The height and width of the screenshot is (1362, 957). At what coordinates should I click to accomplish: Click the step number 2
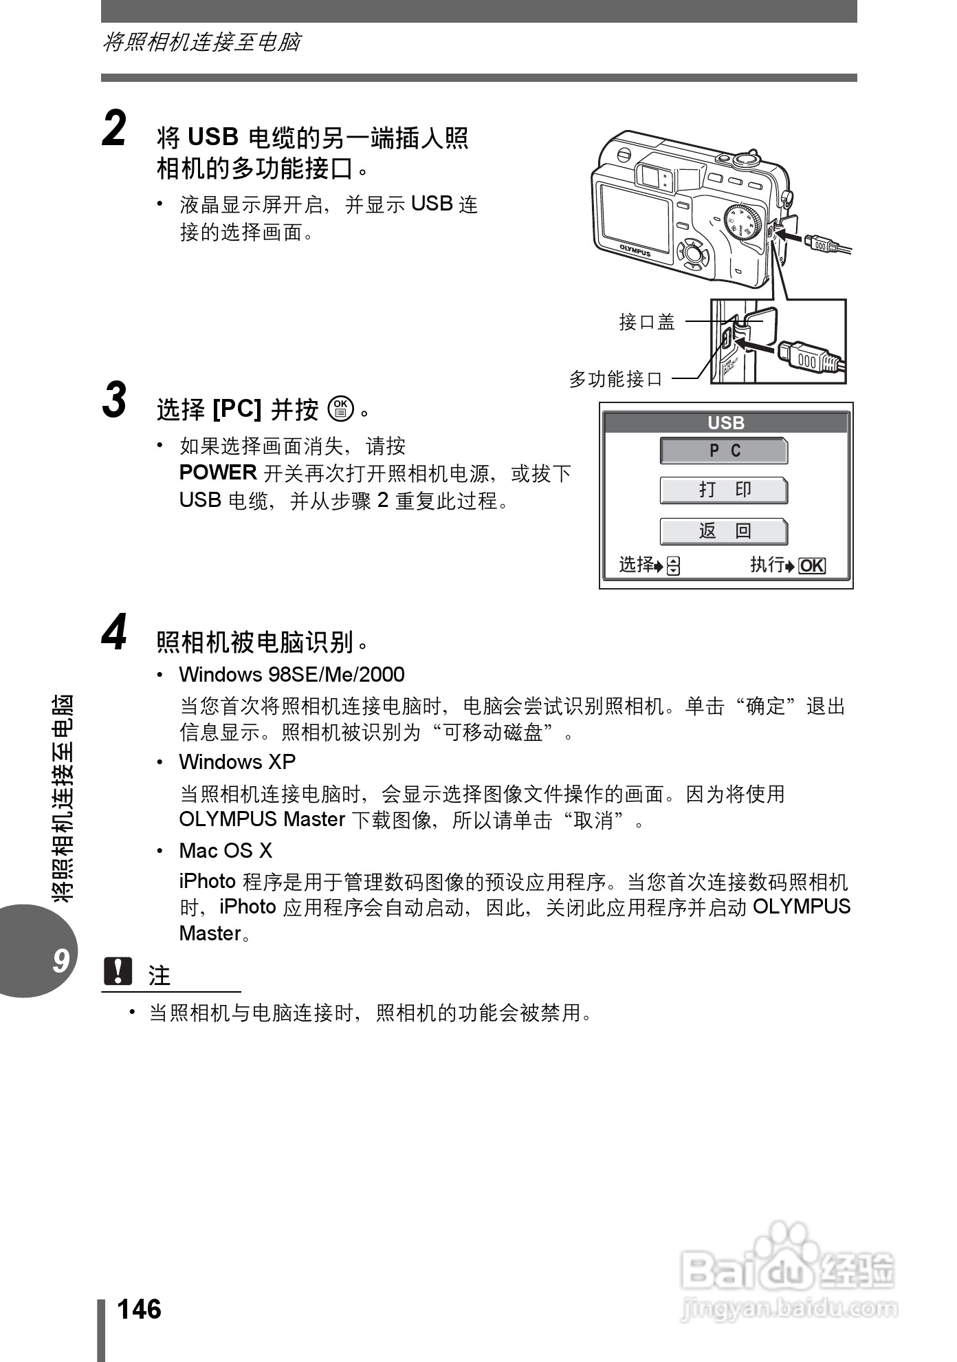coord(115,129)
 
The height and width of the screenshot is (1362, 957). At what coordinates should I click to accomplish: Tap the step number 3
coord(115,400)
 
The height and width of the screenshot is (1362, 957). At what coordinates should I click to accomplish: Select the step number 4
coord(115,632)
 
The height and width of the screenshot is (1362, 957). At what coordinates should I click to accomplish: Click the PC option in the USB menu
coord(724,451)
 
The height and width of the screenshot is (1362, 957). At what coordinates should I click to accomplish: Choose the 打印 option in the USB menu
coord(724,490)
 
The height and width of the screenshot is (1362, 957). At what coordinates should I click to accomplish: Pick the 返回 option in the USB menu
coord(724,531)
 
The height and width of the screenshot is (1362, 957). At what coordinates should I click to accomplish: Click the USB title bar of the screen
coord(726,423)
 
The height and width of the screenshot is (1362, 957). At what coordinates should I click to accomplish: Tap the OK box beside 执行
coord(812,566)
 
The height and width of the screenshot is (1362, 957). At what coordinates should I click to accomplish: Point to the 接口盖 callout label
coord(647,322)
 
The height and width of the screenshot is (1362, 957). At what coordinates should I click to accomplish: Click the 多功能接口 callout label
coord(615,379)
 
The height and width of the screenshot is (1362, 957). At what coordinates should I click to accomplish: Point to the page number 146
coord(140,1309)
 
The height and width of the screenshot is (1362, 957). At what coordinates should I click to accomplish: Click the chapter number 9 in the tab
coord(61,960)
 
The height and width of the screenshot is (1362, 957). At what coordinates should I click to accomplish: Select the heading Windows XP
coord(237,762)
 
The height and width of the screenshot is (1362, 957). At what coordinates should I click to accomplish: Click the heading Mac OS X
coord(225,851)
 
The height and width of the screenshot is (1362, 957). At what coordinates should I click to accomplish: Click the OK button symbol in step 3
coord(341,409)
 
